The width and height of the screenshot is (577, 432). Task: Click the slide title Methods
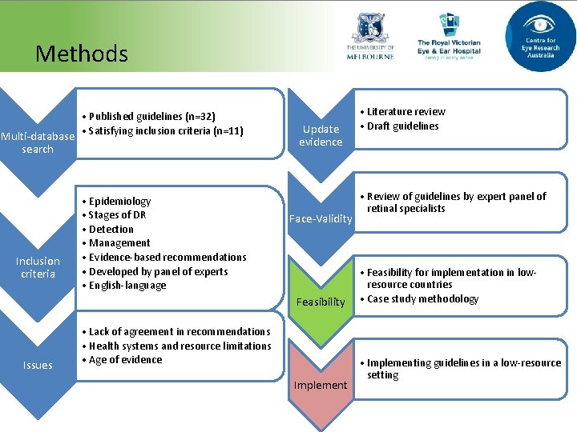(81, 54)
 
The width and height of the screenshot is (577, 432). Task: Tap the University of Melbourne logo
(370, 38)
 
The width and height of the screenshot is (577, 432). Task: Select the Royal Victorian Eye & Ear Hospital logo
(449, 37)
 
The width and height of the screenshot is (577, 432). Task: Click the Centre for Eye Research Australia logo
(540, 36)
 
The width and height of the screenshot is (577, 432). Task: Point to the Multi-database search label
(38, 142)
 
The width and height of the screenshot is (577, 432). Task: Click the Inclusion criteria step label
(38, 267)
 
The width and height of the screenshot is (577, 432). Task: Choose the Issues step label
(38, 365)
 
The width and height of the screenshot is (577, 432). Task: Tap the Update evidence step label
(321, 135)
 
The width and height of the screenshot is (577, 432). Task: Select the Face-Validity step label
(321, 218)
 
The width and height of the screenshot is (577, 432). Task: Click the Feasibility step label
(321, 302)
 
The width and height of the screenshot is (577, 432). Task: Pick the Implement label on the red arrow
(321, 385)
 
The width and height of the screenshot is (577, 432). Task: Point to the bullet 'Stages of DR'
(118, 214)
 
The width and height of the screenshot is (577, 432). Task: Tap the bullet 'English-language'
(127, 286)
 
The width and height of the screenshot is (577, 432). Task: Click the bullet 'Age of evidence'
(126, 360)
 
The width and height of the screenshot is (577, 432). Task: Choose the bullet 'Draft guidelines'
(402, 126)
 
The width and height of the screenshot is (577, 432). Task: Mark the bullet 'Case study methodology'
(422, 299)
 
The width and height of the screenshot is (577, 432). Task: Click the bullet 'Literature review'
(406, 111)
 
